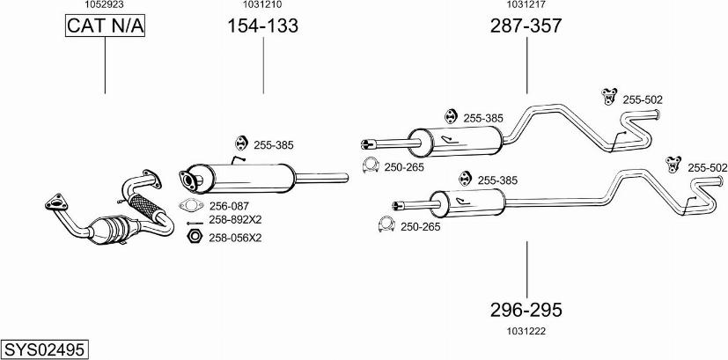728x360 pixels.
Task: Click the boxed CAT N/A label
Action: [x=105, y=28]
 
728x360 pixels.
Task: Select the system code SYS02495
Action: [x=44, y=349]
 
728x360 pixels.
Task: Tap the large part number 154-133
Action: [x=263, y=26]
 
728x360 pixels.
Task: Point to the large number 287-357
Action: [x=526, y=26]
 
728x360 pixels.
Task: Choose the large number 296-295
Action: [x=526, y=310]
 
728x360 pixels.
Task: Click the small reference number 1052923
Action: [x=104, y=5]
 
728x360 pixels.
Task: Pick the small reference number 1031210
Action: [x=262, y=5]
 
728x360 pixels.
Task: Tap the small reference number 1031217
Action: [x=526, y=5]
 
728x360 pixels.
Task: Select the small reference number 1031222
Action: [x=526, y=330]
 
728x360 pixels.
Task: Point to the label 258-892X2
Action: [x=235, y=220]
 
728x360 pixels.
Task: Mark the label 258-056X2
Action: [x=235, y=238]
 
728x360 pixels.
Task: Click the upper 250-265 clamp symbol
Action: [x=371, y=165]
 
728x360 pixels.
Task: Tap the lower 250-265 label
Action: [x=421, y=227]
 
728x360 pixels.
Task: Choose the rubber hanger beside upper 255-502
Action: [x=607, y=96]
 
